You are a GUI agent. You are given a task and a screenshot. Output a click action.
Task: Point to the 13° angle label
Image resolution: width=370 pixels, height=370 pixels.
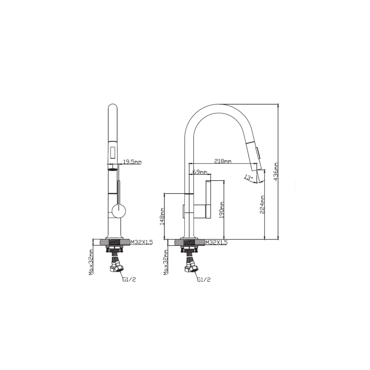(249, 177)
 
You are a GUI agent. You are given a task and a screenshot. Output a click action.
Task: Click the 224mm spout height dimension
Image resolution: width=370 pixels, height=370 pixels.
(262, 204)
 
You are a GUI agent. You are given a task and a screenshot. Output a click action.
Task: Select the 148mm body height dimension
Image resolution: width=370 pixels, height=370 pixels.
(162, 216)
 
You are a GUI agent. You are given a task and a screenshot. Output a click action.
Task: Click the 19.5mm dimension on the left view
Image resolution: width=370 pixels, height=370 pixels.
(132, 157)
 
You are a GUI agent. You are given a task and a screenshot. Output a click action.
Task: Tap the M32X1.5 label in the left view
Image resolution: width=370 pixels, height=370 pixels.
(142, 242)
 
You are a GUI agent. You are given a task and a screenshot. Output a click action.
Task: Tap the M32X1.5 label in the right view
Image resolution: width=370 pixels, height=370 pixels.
(216, 242)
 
